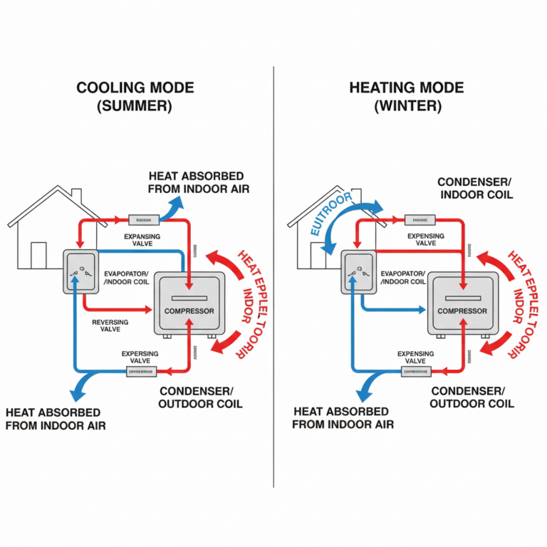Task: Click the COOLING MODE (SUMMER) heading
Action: click(x=135, y=97)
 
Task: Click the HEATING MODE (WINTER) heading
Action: click(x=407, y=97)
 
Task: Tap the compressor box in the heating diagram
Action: click(x=462, y=304)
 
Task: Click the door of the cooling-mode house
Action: click(x=38, y=254)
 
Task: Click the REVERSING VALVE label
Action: click(x=110, y=327)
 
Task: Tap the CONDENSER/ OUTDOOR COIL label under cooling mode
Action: click(x=201, y=397)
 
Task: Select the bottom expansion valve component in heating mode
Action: click(x=415, y=372)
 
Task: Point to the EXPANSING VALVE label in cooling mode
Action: click(x=142, y=240)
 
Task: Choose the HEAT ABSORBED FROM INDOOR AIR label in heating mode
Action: click(x=341, y=418)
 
